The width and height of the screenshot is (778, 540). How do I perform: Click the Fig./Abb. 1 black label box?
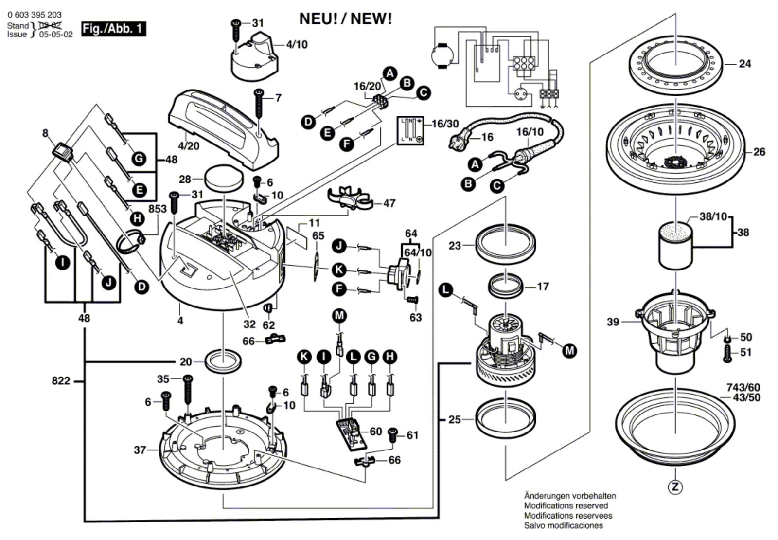[x=113, y=29]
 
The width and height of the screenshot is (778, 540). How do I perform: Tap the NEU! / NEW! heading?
[x=345, y=19]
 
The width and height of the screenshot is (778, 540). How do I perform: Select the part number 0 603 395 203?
[x=35, y=15]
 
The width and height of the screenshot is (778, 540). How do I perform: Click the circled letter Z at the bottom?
[x=675, y=486]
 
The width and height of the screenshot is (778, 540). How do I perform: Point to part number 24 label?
[x=744, y=64]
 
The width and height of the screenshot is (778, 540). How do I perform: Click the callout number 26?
[x=759, y=152]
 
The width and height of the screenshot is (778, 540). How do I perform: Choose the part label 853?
[x=158, y=209]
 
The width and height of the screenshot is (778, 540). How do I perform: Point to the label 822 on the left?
[x=61, y=381]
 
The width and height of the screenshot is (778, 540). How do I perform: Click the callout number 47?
[x=389, y=203]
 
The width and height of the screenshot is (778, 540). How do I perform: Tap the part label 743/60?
[x=743, y=388]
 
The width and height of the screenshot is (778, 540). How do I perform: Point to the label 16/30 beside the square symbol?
[x=445, y=124]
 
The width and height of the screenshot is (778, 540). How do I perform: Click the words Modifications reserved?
[x=566, y=506]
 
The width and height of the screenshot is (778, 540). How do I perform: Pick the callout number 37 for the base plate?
[x=140, y=450]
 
